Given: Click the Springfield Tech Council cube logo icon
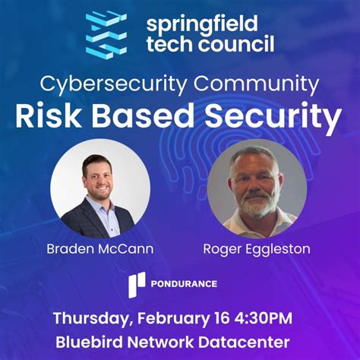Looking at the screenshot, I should tap(106, 33).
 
